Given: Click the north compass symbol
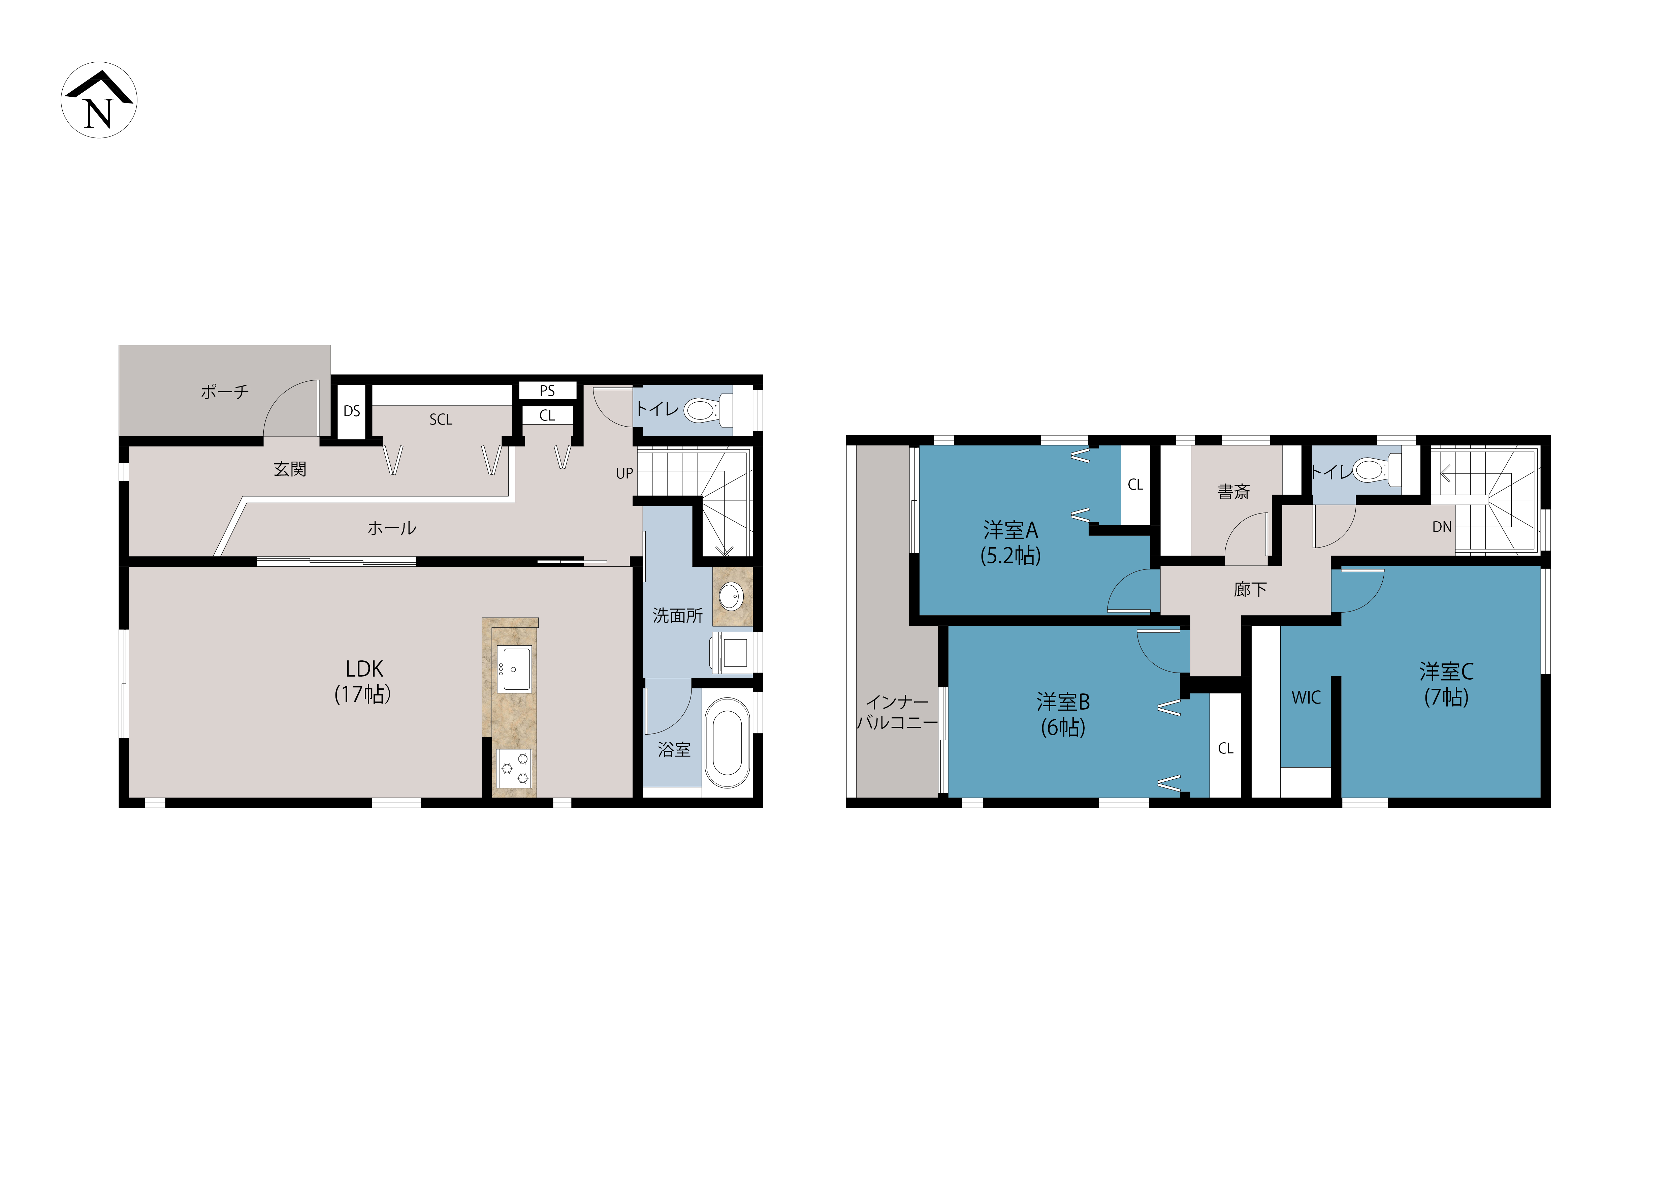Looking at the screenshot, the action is (99, 100).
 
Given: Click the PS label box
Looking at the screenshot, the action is (547, 391).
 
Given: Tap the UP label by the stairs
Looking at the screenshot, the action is (624, 473).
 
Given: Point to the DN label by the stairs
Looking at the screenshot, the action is (1442, 527).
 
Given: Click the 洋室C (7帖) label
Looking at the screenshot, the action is (1446, 684).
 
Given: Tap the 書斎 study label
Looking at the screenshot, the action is (1233, 492).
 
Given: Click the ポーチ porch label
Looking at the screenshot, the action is (225, 392).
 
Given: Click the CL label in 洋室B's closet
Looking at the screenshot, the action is (1226, 748).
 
